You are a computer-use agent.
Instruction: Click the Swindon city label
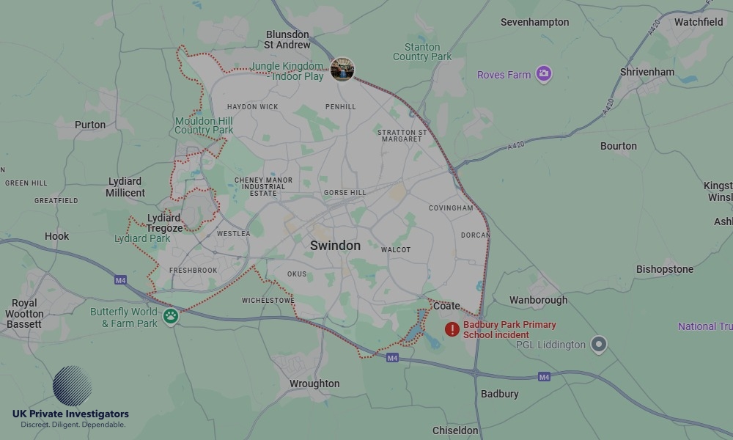[335, 246]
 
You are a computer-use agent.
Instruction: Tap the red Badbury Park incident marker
[452, 329]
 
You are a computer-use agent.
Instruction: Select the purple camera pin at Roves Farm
[543, 73]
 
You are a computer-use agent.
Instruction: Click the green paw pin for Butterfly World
[171, 316]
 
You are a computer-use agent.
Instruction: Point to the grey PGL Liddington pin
[599, 344]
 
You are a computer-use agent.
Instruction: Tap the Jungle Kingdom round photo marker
[342, 70]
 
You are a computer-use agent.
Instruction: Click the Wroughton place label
[314, 384]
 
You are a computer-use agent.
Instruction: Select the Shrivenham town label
[647, 72]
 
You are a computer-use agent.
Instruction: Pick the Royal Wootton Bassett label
[24, 313]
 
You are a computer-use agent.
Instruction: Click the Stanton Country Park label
[422, 52]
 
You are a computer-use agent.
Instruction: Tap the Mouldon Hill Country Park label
[204, 125]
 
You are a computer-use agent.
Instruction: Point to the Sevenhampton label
[534, 22]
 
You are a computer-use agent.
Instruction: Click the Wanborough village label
[538, 300]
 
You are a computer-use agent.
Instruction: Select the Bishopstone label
[664, 269]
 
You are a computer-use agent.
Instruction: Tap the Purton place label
[90, 125]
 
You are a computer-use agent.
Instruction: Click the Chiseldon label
[455, 430]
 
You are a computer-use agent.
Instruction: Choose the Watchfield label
[698, 22]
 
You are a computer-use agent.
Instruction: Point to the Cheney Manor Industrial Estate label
[263, 186]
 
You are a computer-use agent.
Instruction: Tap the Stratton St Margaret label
[402, 136]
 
